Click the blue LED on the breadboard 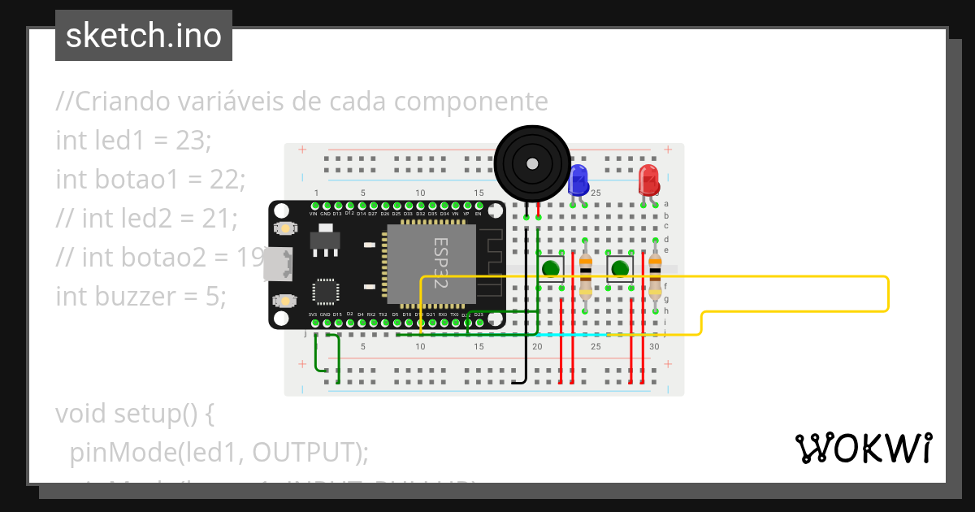(x=578, y=180)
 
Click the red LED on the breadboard (x=648, y=180)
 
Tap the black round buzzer (x=531, y=165)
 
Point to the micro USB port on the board (x=277, y=264)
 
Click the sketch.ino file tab (x=144, y=36)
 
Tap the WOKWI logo (x=863, y=448)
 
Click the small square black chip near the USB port (x=326, y=293)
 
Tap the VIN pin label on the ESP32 (x=313, y=214)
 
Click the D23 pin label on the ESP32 (x=479, y=315)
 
